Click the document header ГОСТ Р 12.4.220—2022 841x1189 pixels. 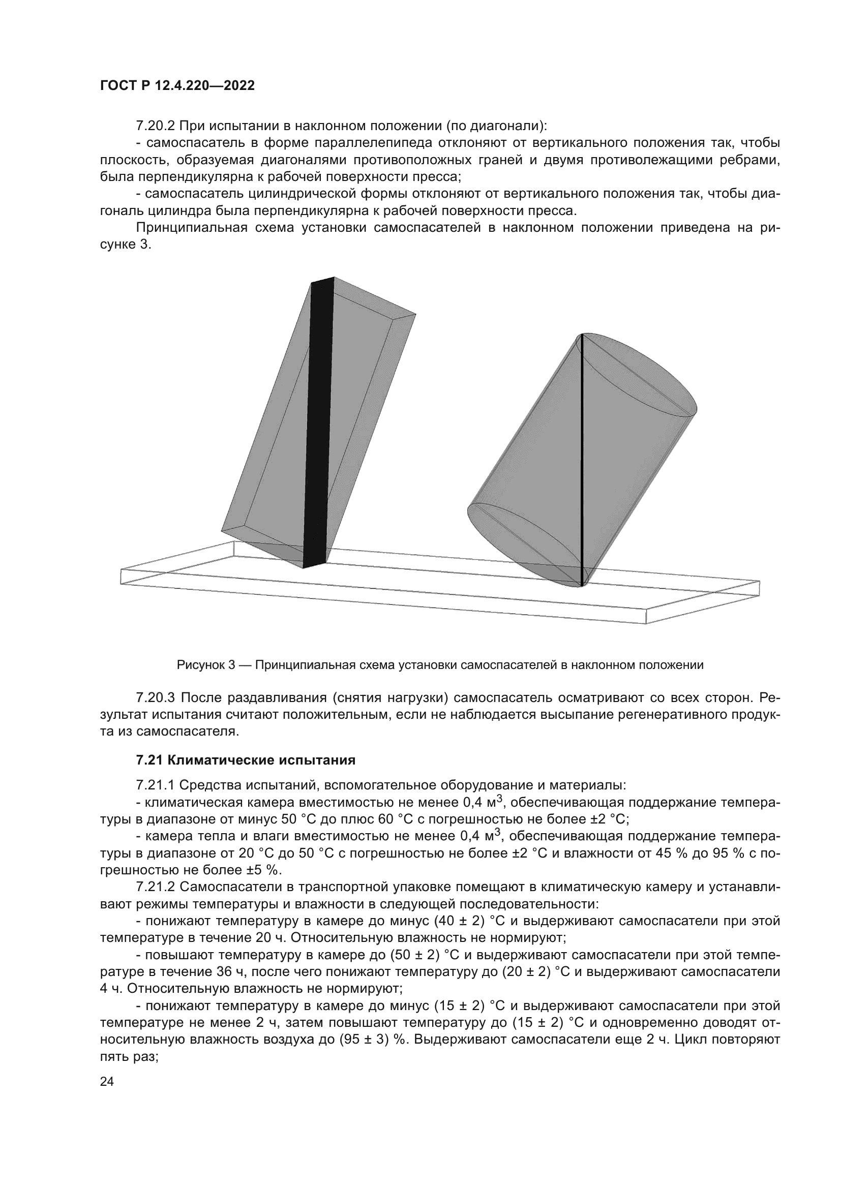click(177, 86)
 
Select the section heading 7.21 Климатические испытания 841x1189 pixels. click(246, 760)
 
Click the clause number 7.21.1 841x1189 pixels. click(155, 785)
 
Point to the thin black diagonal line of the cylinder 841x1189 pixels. click(582, 461)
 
